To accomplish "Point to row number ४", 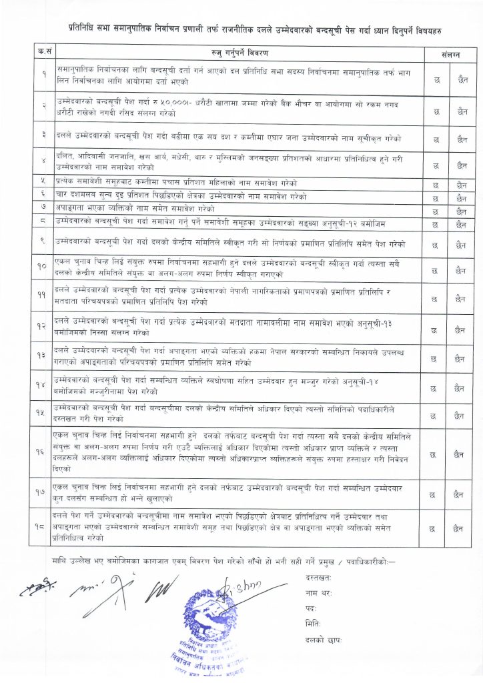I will click(43, 161).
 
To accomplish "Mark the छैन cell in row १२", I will click(461, 329).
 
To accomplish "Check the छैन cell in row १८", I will click(461, 528).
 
